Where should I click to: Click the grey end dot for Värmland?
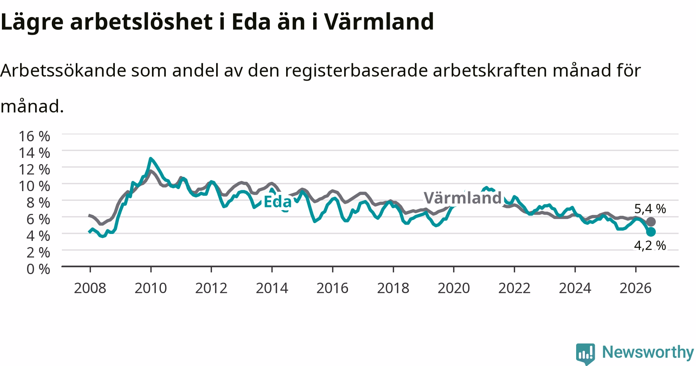(651, 222)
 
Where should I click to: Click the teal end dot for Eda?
(651, 232)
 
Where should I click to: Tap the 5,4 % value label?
(650, 209)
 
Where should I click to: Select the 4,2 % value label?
(650, 245)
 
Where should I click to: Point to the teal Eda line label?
(277, 202)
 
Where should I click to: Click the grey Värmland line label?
(462, 198)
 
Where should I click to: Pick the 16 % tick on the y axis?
(34, 136)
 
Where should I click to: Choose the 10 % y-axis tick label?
(34, 186)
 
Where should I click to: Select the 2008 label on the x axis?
(90, 288)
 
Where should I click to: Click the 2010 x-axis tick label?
(151, 288)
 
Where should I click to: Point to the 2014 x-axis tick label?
(272, 288)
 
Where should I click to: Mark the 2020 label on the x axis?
(454, 288)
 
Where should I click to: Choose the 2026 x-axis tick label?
(636, 288)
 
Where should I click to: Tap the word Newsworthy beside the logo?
(648, 352)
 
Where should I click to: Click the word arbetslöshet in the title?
(140, 22)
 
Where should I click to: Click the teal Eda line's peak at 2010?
(150, 158)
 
